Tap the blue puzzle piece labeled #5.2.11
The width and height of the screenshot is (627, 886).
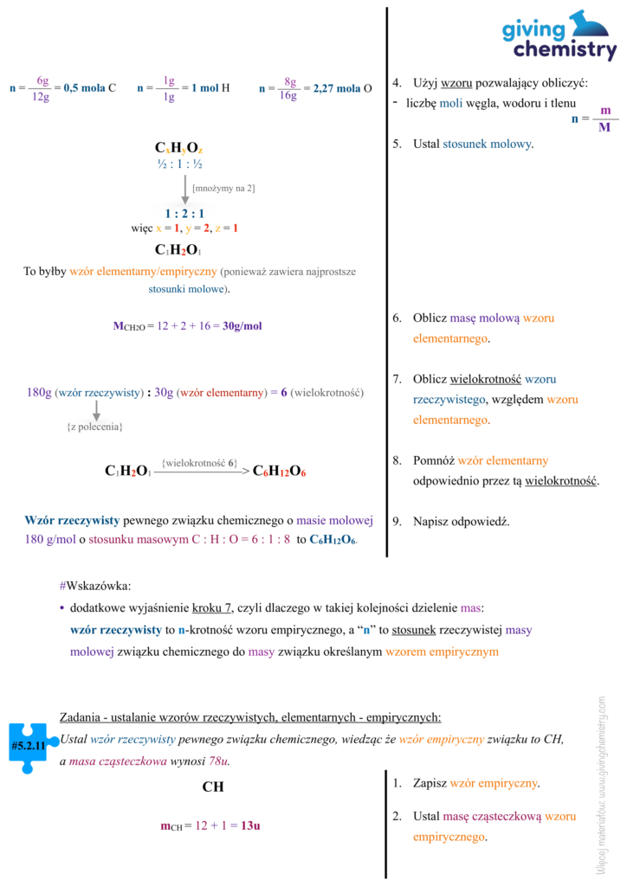[x=28, y=743]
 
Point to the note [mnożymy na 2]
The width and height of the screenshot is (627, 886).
[x=223, y=188]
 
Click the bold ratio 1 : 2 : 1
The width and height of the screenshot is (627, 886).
[x=184, y=213]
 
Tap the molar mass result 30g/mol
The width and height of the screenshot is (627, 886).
[x=242, y=326]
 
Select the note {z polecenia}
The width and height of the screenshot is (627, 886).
[x=95, y=427]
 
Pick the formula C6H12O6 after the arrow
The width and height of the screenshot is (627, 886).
[x=280, y=472]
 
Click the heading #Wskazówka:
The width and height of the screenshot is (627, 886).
[x=95, y=586]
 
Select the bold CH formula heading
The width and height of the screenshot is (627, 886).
[x=213, y=787]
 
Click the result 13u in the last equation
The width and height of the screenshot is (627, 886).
[x=250, y=825]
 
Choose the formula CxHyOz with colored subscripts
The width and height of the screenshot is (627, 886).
[x=179, y=149]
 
